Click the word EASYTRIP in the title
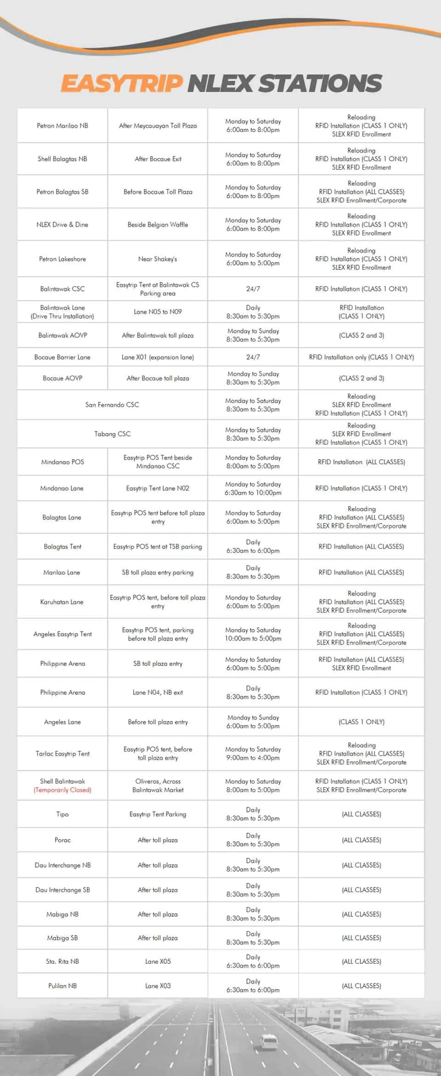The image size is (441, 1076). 122,83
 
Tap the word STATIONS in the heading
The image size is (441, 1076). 320,83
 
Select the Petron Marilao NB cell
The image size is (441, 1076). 62,126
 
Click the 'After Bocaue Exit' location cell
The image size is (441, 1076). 158,159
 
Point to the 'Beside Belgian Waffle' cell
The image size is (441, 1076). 158,225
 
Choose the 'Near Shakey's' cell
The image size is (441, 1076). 158,259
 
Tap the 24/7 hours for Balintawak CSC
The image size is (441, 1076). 253,289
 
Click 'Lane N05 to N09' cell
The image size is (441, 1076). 158,312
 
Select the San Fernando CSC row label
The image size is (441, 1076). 112,405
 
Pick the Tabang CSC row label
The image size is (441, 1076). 112,434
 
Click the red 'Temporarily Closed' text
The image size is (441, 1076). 62,790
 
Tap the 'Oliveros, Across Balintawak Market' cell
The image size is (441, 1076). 158,785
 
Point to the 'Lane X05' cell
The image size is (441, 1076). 158,962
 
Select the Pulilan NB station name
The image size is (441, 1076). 62,986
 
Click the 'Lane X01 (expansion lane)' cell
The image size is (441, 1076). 158,357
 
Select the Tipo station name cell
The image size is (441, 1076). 62,814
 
